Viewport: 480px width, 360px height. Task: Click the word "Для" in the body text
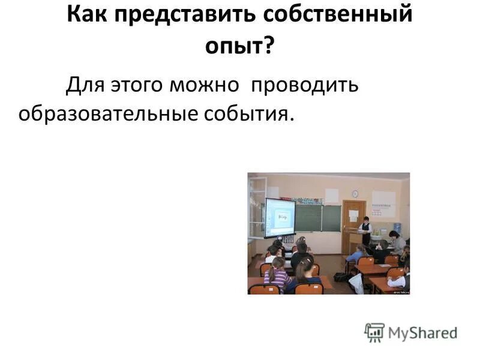(x=84, y=85)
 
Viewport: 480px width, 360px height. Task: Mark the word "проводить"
(x=304, y=85)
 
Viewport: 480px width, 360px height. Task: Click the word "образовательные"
(x=109, y=113)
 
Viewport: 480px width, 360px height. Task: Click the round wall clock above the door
(x=355, y=194)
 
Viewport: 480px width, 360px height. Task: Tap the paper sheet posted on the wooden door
(x=354, y=215)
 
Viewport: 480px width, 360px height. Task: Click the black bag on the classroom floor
(x=341, y=277)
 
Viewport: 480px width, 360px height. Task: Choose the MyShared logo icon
(x=374, y=332)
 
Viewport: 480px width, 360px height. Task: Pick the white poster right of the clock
(x=383, y=203)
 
